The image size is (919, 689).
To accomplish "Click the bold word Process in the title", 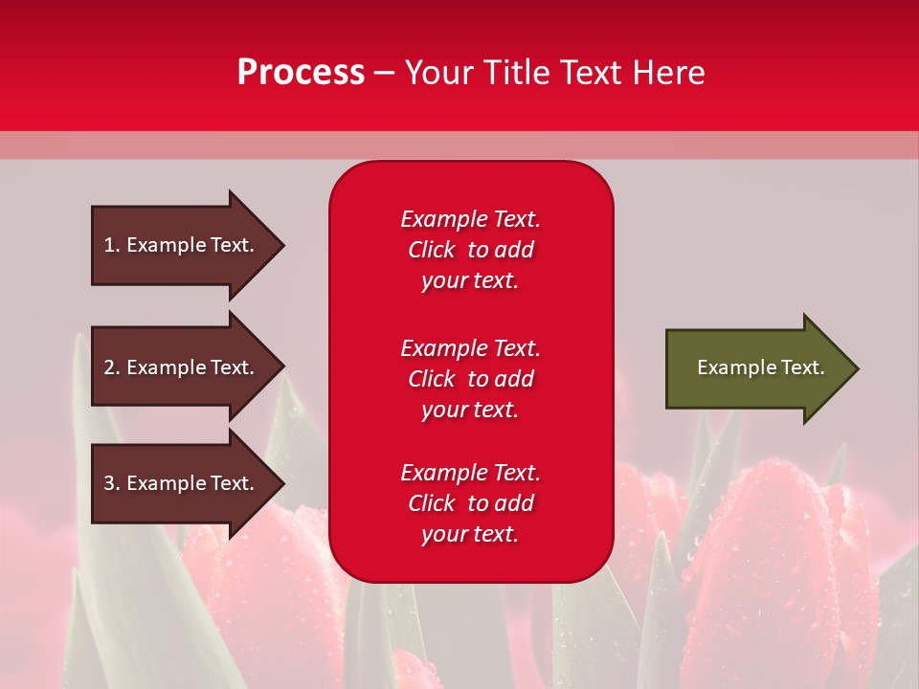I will [301, 73].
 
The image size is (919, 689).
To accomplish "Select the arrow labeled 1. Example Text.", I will [182, 245].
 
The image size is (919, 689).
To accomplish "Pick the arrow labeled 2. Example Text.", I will [182, 367].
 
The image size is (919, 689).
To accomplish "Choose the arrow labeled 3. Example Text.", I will [182, 483].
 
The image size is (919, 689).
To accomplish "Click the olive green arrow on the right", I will [756, 368].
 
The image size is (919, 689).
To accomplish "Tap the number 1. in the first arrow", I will [112, 245].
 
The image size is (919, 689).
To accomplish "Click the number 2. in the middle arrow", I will [112, 367].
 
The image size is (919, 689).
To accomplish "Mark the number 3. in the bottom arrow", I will [112, 483].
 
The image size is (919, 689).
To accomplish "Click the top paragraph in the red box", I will [470, 250].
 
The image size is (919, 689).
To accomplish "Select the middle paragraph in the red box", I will [470, 379].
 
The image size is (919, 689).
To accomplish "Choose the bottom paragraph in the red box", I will [470, 503].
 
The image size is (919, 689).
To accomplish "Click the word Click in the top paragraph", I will [431, 250].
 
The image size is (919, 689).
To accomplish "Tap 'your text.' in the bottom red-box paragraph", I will [470, 534].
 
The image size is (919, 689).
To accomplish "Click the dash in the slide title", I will [384, 74].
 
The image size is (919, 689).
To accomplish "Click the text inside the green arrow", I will [760, 367].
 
